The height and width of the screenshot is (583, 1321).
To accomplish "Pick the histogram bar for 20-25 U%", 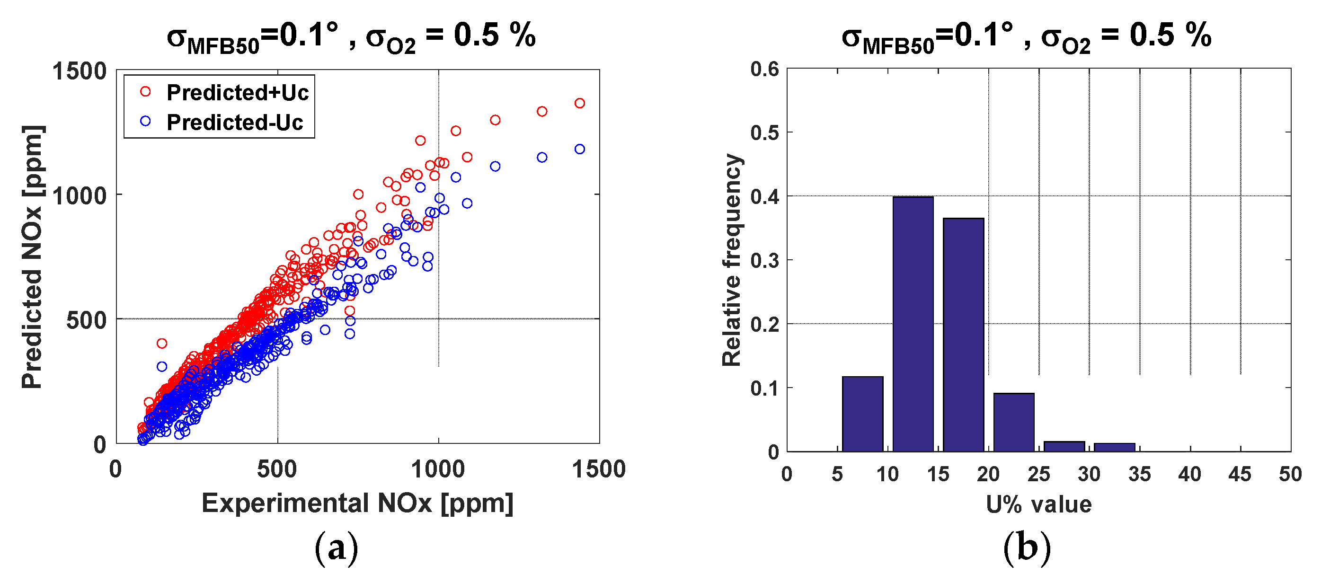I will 1013,422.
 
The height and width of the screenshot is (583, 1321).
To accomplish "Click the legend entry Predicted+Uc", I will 237,93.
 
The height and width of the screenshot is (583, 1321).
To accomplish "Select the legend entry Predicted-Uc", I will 234,123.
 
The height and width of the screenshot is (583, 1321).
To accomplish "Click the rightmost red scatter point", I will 579,103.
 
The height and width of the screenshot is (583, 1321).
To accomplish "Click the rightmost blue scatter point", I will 579,149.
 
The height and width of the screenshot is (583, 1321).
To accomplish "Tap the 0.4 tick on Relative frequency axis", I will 764,196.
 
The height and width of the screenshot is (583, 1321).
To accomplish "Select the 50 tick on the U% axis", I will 1290,474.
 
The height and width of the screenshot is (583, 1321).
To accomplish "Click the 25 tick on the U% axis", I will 1038,474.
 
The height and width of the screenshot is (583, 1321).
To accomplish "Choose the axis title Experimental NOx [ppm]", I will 357,503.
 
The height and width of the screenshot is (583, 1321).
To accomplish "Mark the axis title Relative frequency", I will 731,260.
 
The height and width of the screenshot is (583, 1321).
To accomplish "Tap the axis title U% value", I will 1038,504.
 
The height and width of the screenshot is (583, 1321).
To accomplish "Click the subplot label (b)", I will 1027,548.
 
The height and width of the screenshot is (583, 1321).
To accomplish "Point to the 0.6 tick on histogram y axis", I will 764,69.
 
